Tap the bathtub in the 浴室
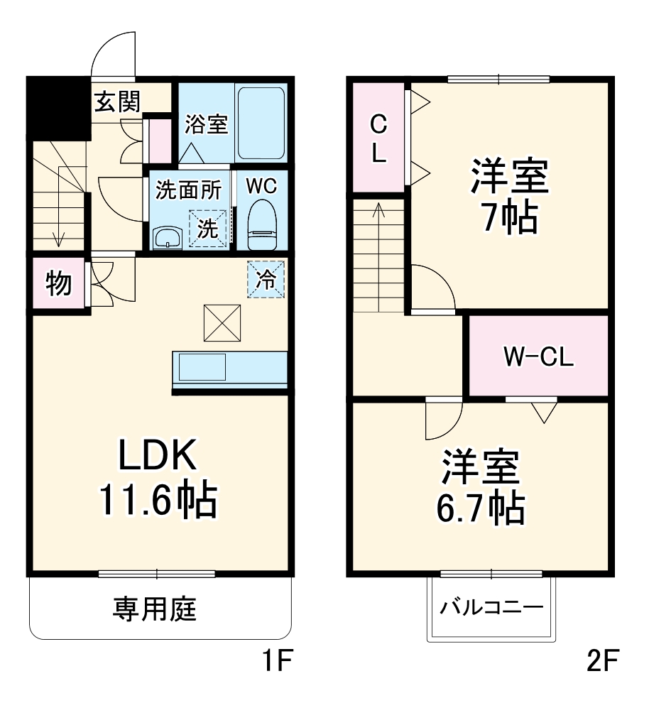point(261,123)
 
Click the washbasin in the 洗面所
point(168,237)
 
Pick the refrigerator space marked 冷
point(266,279)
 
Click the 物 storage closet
point(58,283)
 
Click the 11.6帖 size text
point(157,500)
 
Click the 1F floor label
point(275,663)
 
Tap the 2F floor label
point(602,663)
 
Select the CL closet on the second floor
point(378,139)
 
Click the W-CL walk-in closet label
point(538,357)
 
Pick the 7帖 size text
point(508,219)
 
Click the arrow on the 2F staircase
point(378,213)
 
